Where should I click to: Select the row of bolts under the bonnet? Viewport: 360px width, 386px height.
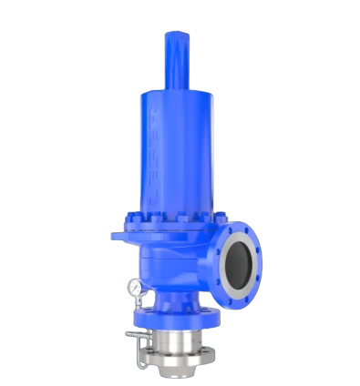coord(173,218)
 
